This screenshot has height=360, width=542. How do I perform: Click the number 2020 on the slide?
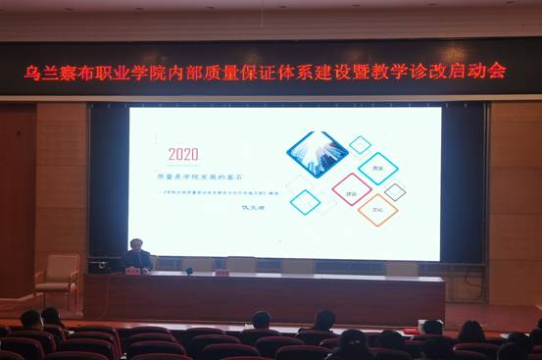pyautogui.click(x=183, y=153)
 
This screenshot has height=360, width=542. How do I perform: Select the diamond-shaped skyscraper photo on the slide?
pyautogui.click(x=317, y=153)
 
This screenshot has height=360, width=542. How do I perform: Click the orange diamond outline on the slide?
pyautogui.click(x=377, y=208)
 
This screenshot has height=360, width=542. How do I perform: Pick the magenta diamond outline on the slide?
pyautogui.click(x=351, y=188)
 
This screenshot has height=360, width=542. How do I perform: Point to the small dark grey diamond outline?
pyautogui.click(x=395, y=192)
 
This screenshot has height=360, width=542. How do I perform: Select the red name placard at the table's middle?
pyautogui.click(x=222, y=272)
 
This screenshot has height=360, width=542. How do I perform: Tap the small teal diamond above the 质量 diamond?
pyautogui.click(x=361, y=145)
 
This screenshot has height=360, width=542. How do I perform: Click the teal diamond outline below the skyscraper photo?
pyautogui.click(x=306, y=202)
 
